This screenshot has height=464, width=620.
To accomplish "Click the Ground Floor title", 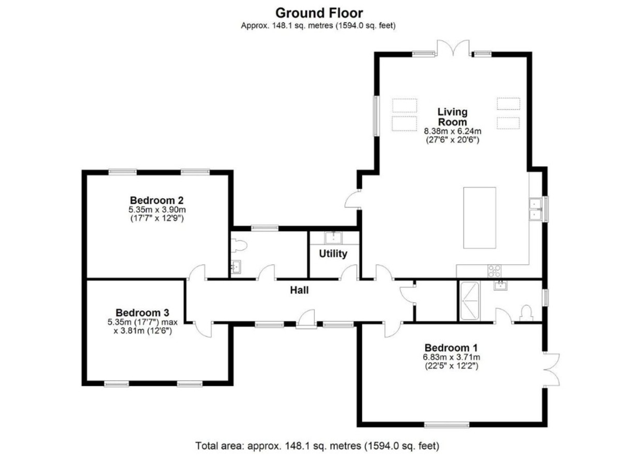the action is [319, 13].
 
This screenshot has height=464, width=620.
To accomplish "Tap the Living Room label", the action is [452, 117].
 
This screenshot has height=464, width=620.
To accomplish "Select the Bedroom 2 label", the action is [157, 200].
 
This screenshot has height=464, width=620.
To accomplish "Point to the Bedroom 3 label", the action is [143, 313].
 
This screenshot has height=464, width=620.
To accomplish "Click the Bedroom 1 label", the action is [451, 347].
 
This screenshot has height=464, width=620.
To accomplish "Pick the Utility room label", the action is [333, 253].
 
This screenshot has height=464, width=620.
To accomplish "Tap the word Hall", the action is [299, 290].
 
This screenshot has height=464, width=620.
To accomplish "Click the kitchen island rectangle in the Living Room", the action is [479, 218].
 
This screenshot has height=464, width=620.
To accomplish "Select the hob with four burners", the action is [494, 271].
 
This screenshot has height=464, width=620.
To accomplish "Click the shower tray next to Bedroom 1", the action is [470, 301].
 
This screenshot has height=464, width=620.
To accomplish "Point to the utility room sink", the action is [333, 238].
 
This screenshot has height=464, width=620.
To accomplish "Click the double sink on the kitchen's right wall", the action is [535, 210].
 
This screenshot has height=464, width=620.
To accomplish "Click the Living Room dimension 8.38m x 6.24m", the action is [453, 131].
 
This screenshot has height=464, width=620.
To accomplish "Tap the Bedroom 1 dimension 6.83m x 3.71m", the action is [451, 357].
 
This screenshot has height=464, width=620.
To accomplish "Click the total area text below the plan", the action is [317, 445].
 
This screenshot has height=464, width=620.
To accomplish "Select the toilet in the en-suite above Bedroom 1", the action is [526, 313].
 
